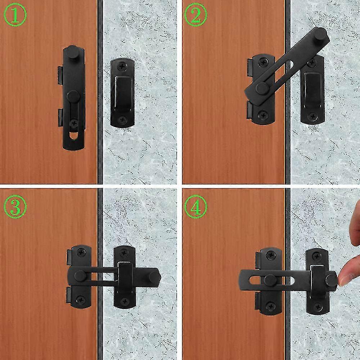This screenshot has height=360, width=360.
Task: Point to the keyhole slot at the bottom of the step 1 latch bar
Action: pos(73,137)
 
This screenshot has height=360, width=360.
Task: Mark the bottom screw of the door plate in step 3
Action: pos(80,299)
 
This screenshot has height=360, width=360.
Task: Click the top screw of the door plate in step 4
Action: pos(269,255)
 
